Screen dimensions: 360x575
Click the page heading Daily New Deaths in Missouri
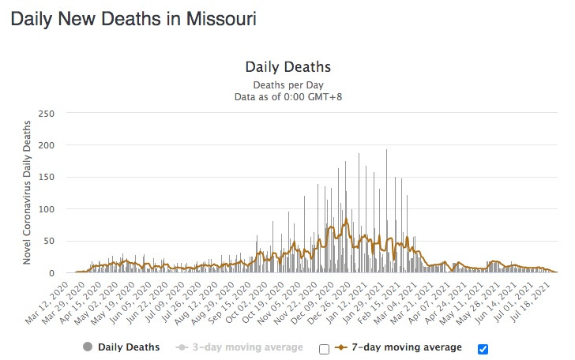(133, 18)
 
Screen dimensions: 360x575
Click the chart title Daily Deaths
(287, 66)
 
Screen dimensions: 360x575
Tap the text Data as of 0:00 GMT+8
(287, 96)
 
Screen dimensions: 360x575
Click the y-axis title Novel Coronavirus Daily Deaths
(27, 192)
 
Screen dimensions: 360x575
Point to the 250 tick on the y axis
(46, 114)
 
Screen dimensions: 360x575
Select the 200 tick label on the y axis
(46, 145)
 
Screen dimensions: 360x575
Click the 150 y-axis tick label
(46, 178)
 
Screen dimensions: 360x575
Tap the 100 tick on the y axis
(46, 209)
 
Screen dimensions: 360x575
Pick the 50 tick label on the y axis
(48, 241)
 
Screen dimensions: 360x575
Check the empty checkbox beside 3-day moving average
(324, 348)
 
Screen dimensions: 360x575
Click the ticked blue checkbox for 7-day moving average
(483, 348)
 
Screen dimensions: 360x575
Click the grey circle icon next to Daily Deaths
(87, 347)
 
